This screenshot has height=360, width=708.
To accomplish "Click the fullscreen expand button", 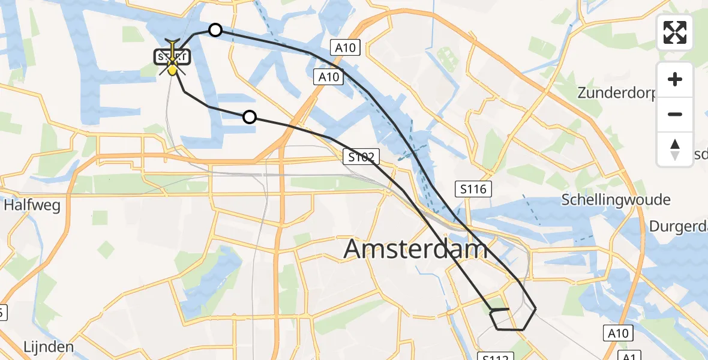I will tap(675, 32).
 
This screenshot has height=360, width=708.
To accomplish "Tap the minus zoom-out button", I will tap(675, 114).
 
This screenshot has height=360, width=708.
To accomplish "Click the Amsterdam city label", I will tap(415, 249).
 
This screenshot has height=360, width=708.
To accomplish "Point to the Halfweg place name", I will tap(32, 206).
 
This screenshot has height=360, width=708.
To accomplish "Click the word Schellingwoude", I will tap(616, 200).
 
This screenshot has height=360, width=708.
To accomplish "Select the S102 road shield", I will tap(362, 158).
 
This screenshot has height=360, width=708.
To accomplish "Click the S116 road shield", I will tap(473, 190).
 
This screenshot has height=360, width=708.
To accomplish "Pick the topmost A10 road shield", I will tap(345, 48).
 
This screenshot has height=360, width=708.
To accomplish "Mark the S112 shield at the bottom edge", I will tap(496, 356).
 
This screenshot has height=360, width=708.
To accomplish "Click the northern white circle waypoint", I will tap(215, 30).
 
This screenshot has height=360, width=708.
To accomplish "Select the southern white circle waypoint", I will tap(250, 117).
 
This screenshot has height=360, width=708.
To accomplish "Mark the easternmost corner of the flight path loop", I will tap(535, 308).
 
